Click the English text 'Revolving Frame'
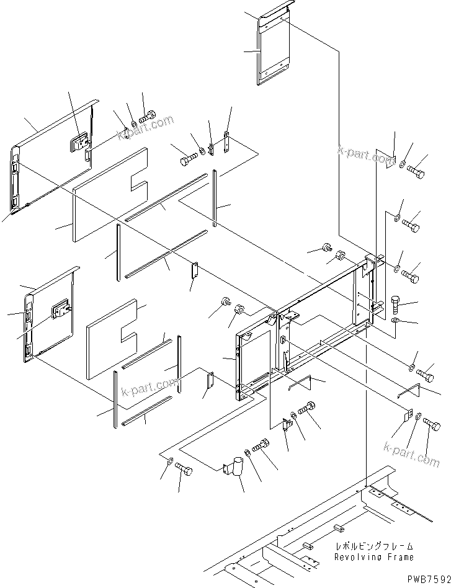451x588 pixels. click(x=373, y=558)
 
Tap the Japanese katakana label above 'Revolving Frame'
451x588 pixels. click(x=373, y=547)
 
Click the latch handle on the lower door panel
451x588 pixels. click(x=61, y=308)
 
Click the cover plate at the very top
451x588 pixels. click(x=275, y=47)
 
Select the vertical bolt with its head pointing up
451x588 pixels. click(x=397, y=305)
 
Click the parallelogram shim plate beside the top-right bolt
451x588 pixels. click(x=388, y=160)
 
